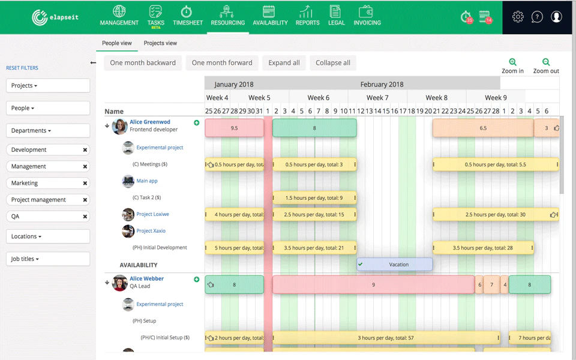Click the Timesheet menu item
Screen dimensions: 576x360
(x=188, y=16)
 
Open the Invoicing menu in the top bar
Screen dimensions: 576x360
(x=367, y=16)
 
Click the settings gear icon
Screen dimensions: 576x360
(x=518, y=17)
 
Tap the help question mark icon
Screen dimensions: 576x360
(x=537, y=17)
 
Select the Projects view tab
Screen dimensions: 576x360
(x=160, y=43)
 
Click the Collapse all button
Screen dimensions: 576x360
(x=333, y=63)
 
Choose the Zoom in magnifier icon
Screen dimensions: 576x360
(x=512, y=62)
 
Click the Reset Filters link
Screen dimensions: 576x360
(x=22, y=68)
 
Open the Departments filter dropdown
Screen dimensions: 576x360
(x=48, y=130)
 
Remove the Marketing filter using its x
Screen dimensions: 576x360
(x=85, y=184)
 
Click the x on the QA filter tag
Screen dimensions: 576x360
(x=85, y=217)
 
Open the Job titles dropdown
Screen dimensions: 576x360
(x=48, y=259)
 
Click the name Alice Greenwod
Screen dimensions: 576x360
(x=150, y=122)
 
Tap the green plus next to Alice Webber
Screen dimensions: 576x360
(x=197, y=280)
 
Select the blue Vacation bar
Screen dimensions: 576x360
(x=395, y=265)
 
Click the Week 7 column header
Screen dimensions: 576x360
(x=377, y=98)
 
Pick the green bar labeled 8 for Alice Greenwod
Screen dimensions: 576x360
(x=314, y=128)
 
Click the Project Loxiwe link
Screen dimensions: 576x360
(x=153, y=214)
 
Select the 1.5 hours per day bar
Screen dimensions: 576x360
(x=314, y=198)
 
